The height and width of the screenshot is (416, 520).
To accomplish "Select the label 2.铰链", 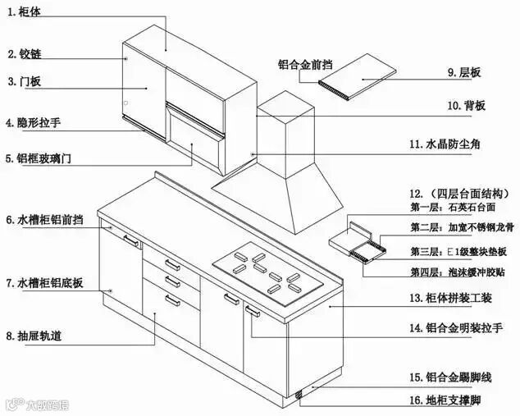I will [24, 54].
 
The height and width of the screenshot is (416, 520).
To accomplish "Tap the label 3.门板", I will [24, 81].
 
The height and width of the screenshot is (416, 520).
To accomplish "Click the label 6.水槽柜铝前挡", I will [44, 220].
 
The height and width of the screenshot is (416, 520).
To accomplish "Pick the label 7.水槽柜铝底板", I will [44, 283].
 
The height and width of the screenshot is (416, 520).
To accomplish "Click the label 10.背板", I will [466, 105].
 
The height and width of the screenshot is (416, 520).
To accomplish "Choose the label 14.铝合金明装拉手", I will [455, 327].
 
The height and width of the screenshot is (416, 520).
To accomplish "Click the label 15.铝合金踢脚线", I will [449, 377].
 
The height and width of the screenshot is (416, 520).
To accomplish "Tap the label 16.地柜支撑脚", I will [445, 400].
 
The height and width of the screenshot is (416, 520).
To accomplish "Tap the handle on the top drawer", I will [172, 264].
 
